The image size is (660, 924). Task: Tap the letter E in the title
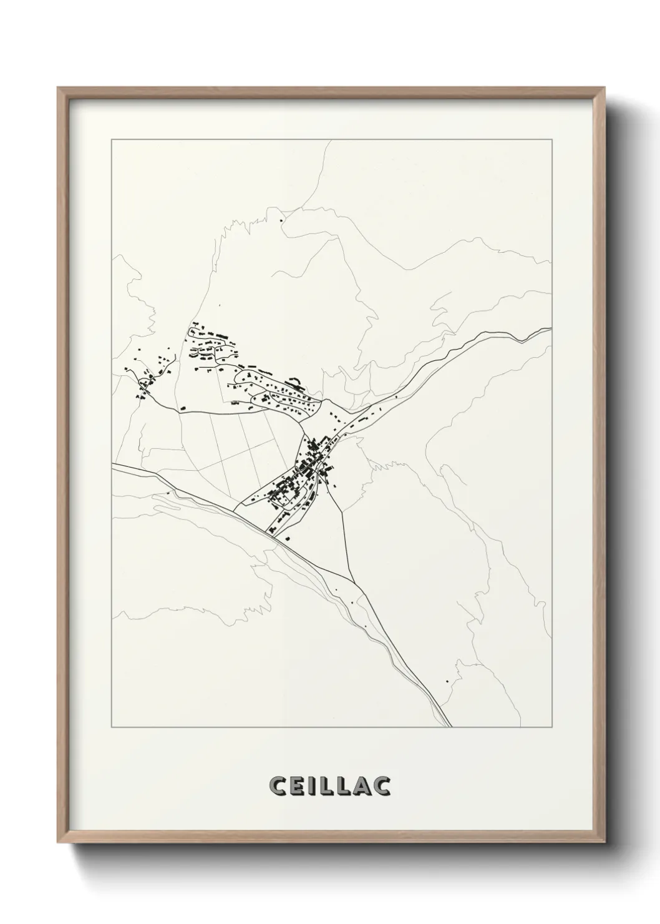[298, 787]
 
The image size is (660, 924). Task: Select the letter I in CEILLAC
[313, 787]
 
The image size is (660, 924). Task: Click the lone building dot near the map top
[281, 220]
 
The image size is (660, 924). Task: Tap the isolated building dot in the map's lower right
[448, 681]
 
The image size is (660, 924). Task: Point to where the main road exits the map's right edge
[550, 329]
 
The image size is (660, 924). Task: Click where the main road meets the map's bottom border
[449, 727]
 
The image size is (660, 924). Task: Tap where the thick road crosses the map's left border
[112, 464]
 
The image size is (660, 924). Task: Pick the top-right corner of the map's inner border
[551, 140]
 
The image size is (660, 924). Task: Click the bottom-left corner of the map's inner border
[112, 727]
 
